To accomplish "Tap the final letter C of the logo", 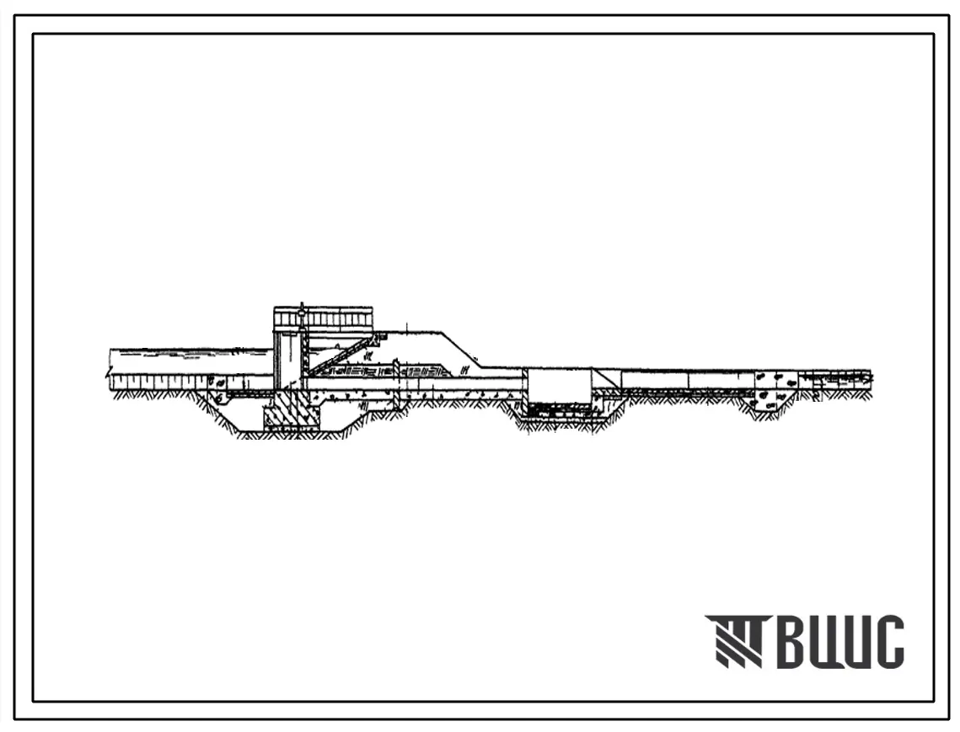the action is (x=887, y=641).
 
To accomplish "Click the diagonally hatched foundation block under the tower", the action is (x=292, y=410).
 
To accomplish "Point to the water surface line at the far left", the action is (x=190, y=350).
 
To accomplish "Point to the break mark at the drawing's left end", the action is (x=110, y=371).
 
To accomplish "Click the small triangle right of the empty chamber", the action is (x=606, y=377).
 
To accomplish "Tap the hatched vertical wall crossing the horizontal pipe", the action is (x=397, y=386).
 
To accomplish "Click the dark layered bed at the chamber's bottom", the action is (x=558, y=409).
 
